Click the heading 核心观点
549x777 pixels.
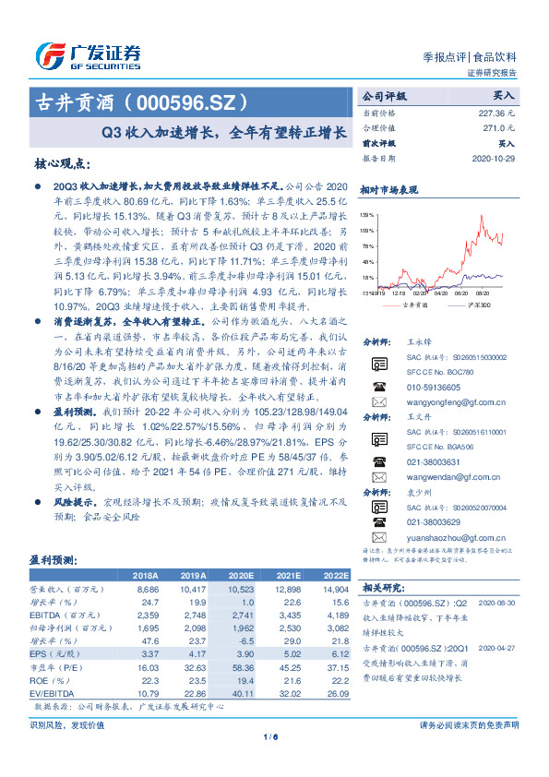(62, 162)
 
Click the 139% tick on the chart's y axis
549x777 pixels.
(367, 213)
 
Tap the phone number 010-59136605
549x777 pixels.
(431, 388)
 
